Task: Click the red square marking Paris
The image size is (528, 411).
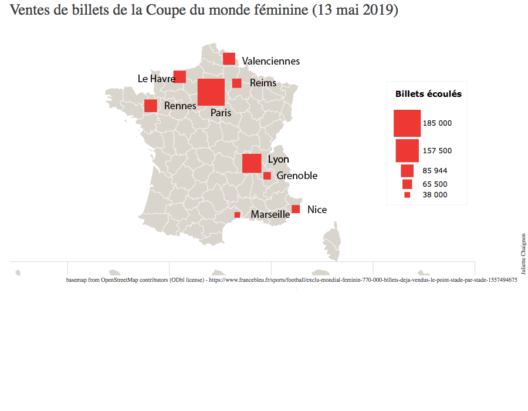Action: click(x=211, y=92)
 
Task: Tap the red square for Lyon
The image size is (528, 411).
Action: click(x=252, y=163)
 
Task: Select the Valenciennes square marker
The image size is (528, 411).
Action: click(x=229, y=59)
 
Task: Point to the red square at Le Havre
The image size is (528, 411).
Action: click(x=180, y=76)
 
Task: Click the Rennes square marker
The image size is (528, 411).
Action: click(x=150, y=106)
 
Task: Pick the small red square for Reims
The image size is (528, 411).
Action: click(x=236, y=83)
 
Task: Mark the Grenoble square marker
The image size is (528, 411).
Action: click(x=267, y=176)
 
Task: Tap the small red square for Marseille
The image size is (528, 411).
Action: click(x=237, y=215)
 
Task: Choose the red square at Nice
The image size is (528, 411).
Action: click(x=296, y=209)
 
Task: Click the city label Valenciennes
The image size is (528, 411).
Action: click(x=270, y=61)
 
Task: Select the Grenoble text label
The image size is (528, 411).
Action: click(x=297, y=176)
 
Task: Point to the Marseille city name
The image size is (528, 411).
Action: click(x=270, y=215)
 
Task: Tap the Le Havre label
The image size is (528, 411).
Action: click(x=156, y=78)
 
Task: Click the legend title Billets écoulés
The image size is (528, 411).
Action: click(x=428, y=94)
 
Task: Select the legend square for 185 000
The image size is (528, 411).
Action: click(x=407, y=123)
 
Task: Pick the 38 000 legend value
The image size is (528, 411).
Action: click(x=435, y=195)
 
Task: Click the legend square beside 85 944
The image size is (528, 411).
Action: click(x=407, y=171)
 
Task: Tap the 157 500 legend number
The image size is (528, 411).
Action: click(x=437, y=151)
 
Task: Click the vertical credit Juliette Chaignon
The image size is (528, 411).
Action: click(x=523, y=254)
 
